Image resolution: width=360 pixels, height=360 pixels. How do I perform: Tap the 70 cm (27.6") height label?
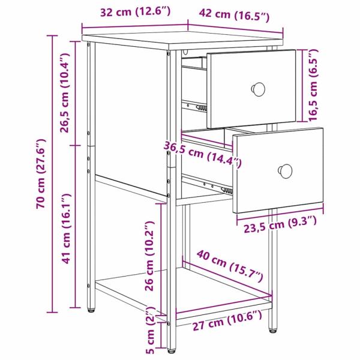tap(41, 174)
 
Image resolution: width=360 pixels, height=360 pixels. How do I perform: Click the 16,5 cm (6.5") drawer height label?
tap(313, 85)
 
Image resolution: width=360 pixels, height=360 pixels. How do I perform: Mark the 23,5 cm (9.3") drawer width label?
tap(280, 224)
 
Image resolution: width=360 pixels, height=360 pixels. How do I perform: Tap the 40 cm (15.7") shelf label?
tap(229, 268)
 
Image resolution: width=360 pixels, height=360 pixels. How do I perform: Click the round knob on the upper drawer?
tap(259, 88)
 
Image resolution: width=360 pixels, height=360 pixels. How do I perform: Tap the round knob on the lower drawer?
tap(286, 172)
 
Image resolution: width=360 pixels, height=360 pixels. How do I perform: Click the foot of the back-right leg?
tap(272, 329)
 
